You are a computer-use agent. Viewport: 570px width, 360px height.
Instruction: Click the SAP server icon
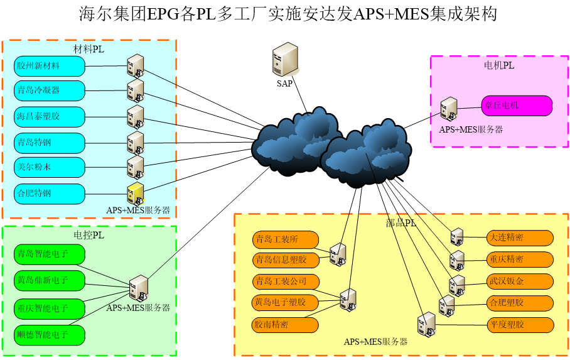285,60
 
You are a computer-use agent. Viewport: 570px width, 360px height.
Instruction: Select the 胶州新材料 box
49,66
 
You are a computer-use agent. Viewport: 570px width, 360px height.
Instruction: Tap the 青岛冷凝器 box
49,90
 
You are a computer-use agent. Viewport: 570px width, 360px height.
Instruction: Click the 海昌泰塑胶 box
49,117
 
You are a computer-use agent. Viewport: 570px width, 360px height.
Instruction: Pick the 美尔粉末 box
49,168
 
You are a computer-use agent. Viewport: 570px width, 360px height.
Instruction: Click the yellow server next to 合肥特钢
135,193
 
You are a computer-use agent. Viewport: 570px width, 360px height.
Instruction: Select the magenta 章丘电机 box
517,106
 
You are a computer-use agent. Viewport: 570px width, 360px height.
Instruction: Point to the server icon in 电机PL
448,109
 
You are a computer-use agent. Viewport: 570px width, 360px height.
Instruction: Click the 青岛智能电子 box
49,254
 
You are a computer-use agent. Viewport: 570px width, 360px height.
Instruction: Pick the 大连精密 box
520,238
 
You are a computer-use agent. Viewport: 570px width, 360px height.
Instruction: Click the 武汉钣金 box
520,281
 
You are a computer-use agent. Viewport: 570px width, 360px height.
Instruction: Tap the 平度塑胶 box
520,325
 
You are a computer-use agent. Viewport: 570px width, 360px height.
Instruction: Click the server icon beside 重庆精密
457,259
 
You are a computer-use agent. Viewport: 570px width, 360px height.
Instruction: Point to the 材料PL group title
89,50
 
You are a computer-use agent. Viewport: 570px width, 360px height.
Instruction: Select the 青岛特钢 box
49,143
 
